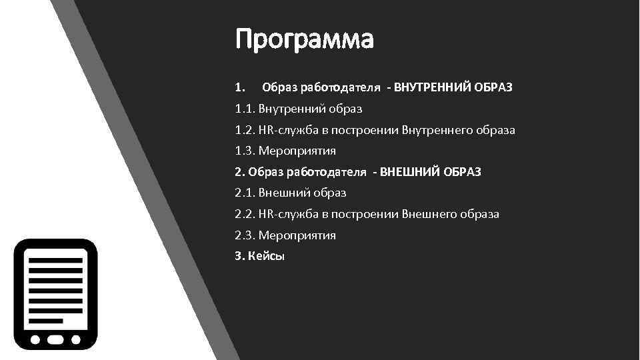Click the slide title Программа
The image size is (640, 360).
point(305,40)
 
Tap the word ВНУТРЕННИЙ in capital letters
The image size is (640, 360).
point(433,87)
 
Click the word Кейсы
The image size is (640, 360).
point(266,257)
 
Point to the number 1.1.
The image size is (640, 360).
point(244,108)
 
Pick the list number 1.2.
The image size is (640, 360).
point(244,129)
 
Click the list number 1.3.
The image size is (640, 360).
point(244,151)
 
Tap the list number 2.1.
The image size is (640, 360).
point(244,193)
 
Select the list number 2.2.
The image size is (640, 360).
point(244,215)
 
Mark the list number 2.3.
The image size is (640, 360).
point(244,235)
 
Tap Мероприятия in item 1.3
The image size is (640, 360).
point(297,151)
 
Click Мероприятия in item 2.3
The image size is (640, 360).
point(297,235)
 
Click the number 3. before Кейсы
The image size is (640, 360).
point(240,257)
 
